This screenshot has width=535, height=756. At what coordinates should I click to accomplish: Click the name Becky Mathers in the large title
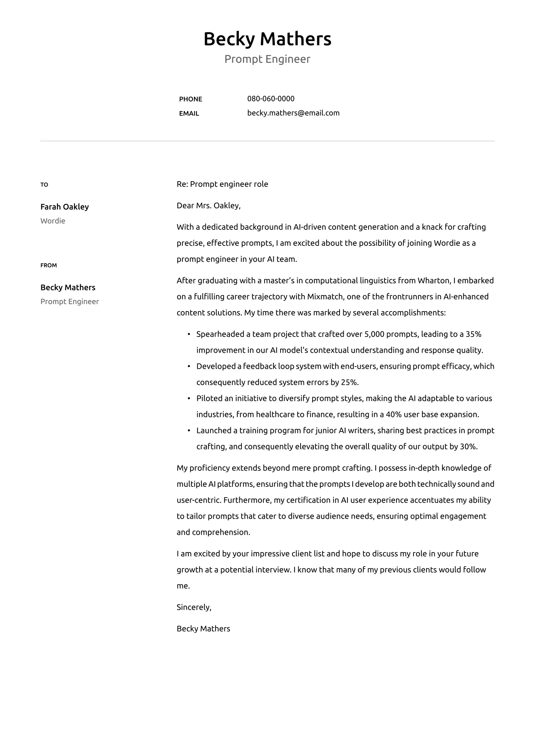[267, 39]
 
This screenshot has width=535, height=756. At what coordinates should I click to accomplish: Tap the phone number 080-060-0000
[271, 99]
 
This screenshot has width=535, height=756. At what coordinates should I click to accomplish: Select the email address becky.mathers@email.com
[293, 113]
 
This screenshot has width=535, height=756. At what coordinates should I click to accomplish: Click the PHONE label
[191, 99]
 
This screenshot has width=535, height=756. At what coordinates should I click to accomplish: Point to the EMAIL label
[189, 114]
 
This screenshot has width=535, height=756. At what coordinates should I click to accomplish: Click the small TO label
[44, 185]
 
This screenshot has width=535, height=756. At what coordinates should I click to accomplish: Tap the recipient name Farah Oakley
[65, 207]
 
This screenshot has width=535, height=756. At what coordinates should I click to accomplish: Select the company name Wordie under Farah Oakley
[53, 221]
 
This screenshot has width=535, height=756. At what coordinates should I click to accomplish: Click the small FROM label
[49, 265]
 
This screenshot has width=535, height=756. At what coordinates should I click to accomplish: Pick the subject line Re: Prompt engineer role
[222, 184]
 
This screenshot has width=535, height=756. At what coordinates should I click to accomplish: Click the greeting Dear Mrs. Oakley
[208, 205]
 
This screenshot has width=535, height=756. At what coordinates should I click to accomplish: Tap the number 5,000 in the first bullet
[374, 334]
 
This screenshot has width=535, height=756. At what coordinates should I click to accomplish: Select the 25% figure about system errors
[349, 382]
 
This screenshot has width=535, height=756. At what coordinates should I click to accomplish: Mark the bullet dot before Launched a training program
[188, 431]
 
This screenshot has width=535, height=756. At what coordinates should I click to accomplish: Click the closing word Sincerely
[194, 607]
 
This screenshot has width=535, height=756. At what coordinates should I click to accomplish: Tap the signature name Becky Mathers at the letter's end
[203, 629]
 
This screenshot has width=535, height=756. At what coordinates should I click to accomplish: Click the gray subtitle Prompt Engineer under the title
[267, 59]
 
